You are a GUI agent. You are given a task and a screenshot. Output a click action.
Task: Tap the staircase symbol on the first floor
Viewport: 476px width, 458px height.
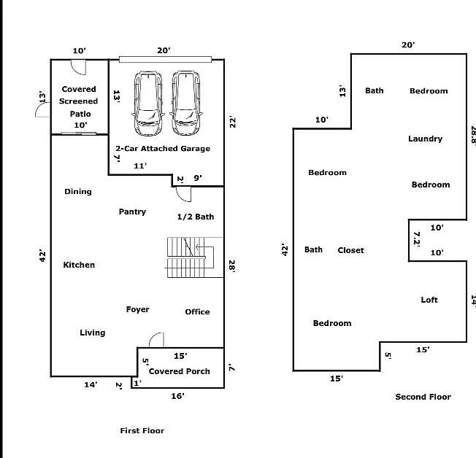tap(188, 257)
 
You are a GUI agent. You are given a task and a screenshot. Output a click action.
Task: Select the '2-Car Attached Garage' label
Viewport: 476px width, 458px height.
tap(163, 149)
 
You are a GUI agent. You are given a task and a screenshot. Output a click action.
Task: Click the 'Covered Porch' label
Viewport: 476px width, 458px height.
tap(179, 371)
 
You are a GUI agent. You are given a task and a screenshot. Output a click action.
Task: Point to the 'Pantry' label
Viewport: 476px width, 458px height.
tap(132, 211)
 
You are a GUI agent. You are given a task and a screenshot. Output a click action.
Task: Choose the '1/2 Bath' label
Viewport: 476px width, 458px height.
tap(196, 217)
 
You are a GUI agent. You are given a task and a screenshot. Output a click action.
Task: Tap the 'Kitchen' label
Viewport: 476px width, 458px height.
tap(79, 265)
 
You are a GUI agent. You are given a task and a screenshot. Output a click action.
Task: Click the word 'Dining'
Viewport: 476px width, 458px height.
tap(78, 192)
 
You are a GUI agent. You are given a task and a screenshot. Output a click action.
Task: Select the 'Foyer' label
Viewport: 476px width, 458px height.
tap(137, 309)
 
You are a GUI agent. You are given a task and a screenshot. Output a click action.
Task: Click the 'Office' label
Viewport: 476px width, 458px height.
tap(197, 311)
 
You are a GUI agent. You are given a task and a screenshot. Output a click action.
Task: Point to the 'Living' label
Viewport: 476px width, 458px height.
tap(92, 333)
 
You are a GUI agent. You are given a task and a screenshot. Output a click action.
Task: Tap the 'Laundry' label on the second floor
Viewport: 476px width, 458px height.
tap(425, 139)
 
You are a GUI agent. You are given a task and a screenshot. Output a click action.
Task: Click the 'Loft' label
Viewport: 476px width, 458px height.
tap(429, 300)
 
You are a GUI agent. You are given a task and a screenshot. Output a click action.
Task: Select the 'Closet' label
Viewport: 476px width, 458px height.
tap(350, 250)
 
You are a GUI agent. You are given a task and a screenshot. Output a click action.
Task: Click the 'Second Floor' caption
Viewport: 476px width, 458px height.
tap(423, 397)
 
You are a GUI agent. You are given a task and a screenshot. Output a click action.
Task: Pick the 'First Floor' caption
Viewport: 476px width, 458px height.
tap(142, 430)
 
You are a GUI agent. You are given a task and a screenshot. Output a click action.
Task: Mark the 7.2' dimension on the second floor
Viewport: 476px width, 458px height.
tap(417, 239)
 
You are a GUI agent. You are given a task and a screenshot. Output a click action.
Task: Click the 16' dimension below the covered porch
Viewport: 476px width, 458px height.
tap(177, 396)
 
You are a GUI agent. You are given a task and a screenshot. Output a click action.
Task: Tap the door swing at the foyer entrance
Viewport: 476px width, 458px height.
tap(156, 340)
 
